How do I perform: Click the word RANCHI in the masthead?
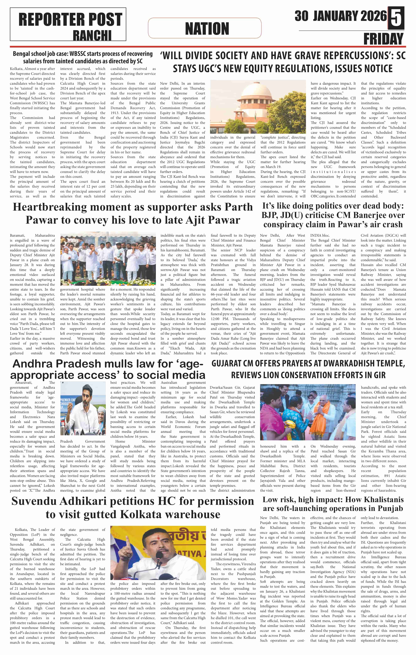(x=92, y=35)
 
